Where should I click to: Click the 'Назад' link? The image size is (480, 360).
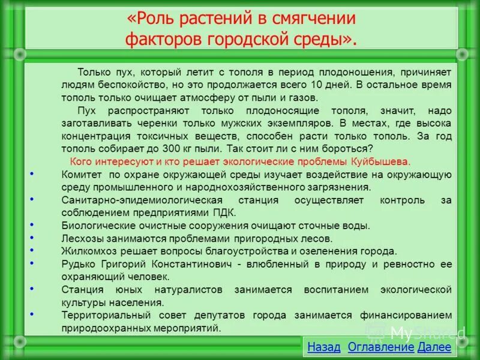(323, 347)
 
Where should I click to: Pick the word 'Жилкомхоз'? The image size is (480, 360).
(87, 251)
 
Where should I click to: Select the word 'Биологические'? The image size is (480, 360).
(94, 226)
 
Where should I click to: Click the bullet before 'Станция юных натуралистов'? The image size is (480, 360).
(31, 289)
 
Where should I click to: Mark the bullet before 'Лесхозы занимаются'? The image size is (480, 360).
(31, 237)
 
